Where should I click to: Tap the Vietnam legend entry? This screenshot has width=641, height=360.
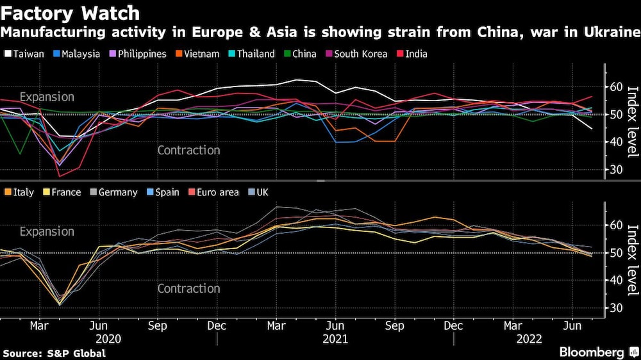pos(199,54)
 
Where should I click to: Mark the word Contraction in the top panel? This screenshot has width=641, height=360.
pos(188,151)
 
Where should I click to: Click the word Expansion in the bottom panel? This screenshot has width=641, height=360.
pos(47,232)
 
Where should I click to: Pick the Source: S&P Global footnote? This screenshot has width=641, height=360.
pos(54,353)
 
